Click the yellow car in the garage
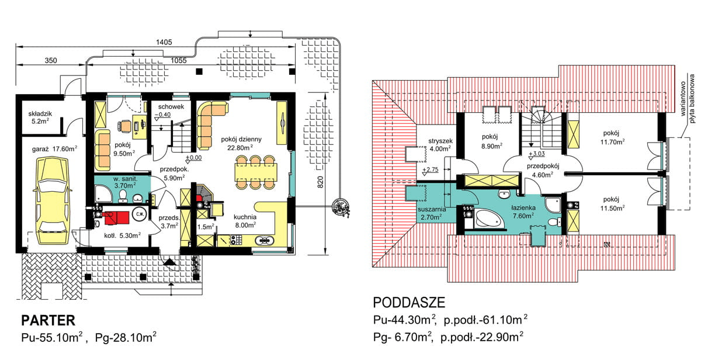click(x=52, y=200)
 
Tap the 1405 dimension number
click(x=164, y=42)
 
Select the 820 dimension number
click(x=320, y=182)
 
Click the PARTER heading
click(x=48, y=321)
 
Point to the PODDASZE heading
click(x=409, y=302)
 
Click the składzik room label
click(x=40, y=114)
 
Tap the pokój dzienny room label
click(x=241, y=139)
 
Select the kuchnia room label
click(x=245, y=217)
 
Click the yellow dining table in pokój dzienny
click(x=256, y=172)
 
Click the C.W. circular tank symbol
click(x=140, y=214)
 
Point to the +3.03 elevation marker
click(x=536, y=154)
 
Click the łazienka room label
click(x=523, y=208)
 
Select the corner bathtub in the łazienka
click(x=490, y=219)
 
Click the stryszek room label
click(x=440, y=141)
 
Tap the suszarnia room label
click(x=432, y=209)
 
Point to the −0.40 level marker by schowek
click(x=163, y=115)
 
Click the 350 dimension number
click(x=51, y=60)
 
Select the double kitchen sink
click(x=265, y=240)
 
